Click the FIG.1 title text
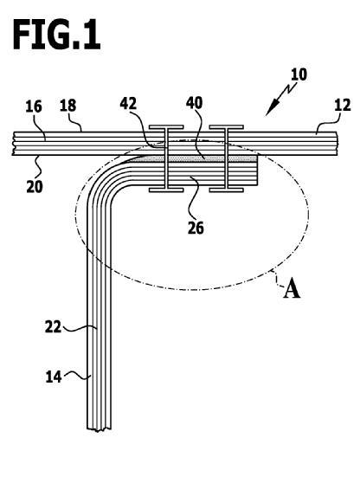click(56, 35)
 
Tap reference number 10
click(299, 74)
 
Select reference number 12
click(342, 106)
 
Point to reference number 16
click(34, 106)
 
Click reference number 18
click(67, 106)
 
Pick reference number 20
click(35, 186)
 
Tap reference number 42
click(128, 104)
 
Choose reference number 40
click(195, 103)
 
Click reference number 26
click(196, 228)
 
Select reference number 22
click(54, 327)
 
